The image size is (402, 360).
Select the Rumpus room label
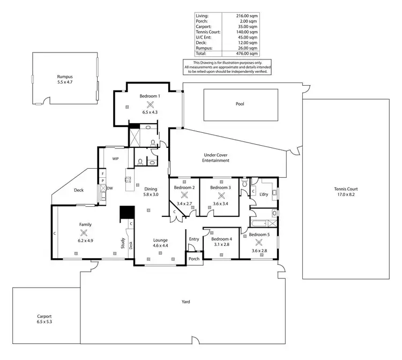click(x=65, y=77)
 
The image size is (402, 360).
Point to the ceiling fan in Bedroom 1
click(x=150, y=104)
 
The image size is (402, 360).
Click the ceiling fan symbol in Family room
click(x=84, y=232)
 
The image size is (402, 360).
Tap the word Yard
click(x=185, y=302)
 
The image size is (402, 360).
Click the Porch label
click(x=193, y=259)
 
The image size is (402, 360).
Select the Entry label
click(x=193, y=239)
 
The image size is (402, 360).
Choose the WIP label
click(x=115, y=159)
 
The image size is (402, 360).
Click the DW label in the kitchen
click(x=110, y=189)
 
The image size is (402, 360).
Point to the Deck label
click(x=79, y=189)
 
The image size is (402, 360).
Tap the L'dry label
click(x=263, y=194)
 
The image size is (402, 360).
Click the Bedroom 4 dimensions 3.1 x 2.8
click(x=222, y=245)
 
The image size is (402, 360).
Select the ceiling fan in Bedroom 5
click(x=258, y=241)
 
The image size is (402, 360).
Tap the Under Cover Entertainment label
click(x=216, y=157)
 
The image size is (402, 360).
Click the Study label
click(x=123, y=244)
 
